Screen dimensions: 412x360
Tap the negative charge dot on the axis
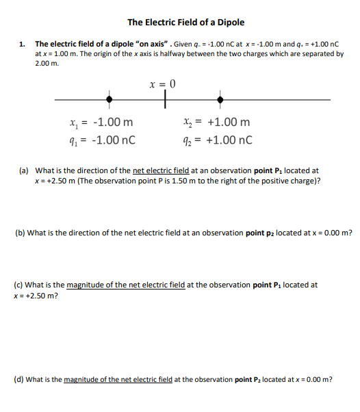pos(109,100)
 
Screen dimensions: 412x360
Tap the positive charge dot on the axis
pos(220,100)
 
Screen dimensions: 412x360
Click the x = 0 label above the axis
pos(164,84)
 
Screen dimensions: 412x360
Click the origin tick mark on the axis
pos(165,101)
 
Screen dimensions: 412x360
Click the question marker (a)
pos(23,170)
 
